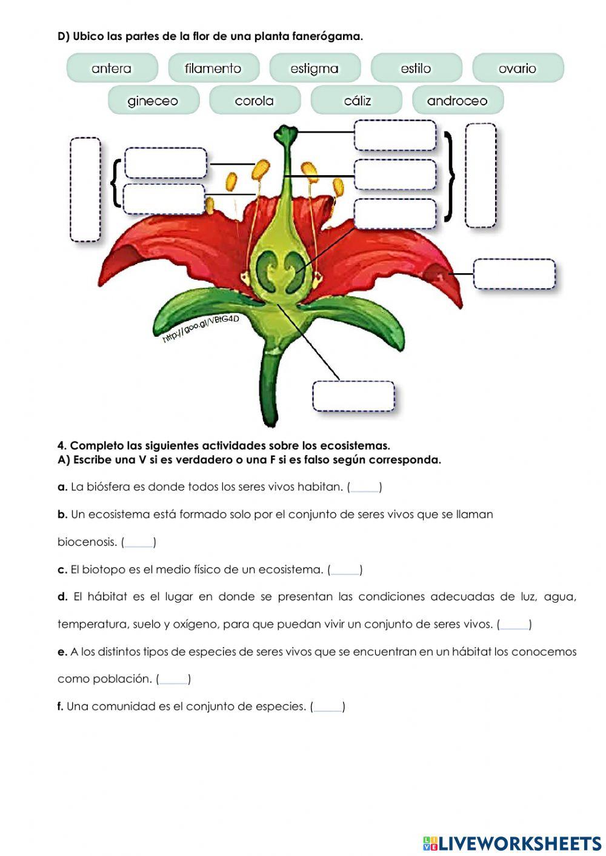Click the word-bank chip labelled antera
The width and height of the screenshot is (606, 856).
112,68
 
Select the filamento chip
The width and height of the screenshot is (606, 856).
213,68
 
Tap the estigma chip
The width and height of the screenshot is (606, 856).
315,68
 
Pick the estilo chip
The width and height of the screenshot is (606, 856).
416,68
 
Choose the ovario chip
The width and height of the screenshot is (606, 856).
518,68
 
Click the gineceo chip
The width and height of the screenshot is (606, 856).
153,101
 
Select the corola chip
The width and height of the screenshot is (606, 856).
254,101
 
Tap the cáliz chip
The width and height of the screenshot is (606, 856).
356,101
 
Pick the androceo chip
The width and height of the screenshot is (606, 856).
458,101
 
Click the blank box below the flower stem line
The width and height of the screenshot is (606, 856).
354,396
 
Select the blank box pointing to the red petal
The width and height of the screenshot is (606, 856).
514,274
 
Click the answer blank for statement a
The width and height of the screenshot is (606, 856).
365,487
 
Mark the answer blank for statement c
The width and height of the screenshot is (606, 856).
345,570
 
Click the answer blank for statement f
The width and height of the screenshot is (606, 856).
328,707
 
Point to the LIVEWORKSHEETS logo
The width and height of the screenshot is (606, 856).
512,843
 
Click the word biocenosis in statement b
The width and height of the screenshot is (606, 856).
87,542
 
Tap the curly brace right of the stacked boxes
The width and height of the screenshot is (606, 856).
449,176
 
